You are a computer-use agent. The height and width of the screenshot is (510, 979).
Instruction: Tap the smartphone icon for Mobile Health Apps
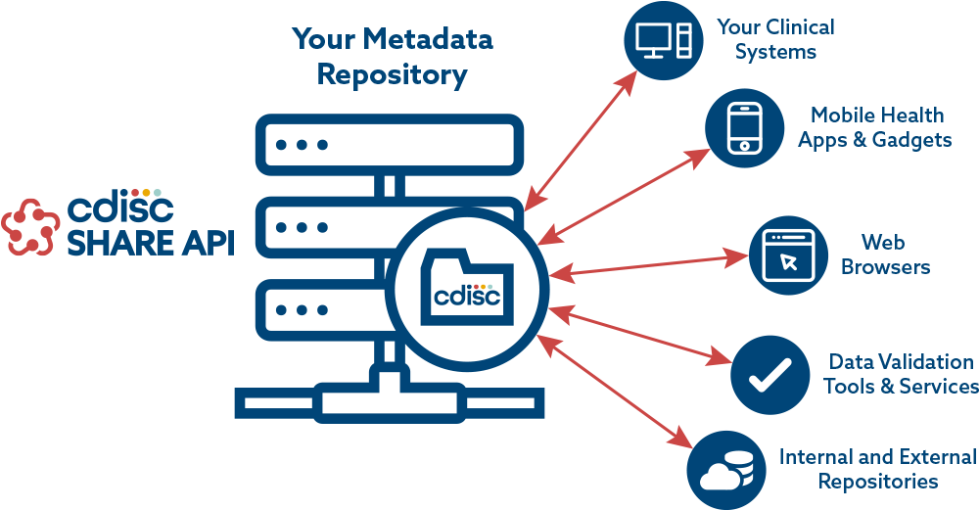point(745,128)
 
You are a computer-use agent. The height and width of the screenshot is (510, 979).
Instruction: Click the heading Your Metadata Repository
point(392,57)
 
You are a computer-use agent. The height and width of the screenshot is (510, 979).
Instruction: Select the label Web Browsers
point(885,254)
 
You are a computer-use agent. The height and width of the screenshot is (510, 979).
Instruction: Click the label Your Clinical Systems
point(775,39)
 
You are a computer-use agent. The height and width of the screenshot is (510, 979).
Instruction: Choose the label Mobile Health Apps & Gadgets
point(875,127)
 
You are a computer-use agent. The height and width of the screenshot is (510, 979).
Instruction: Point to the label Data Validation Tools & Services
point(901,374)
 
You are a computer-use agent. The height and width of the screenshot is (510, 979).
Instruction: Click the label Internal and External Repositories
point(877,468)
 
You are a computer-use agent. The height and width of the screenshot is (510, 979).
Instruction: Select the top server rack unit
point(390,145)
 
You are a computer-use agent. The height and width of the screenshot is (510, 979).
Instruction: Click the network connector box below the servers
point(389,401)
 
